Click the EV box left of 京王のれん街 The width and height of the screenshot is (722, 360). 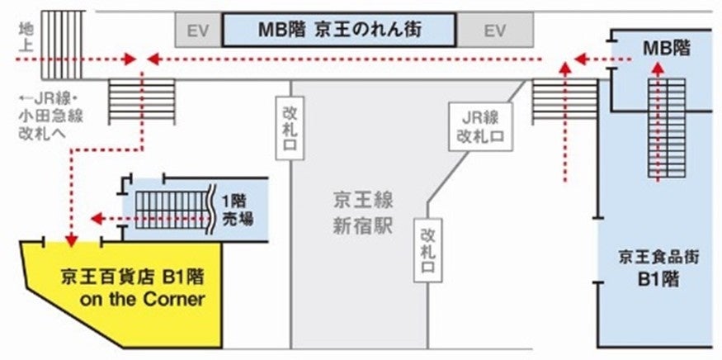(198, 31)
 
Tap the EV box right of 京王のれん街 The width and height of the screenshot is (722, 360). (494, 31)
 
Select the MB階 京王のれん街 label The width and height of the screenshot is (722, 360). (339, 30)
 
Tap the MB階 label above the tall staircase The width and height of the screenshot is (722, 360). (666, 50)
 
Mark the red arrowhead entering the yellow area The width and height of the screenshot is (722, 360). (72, 239)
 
